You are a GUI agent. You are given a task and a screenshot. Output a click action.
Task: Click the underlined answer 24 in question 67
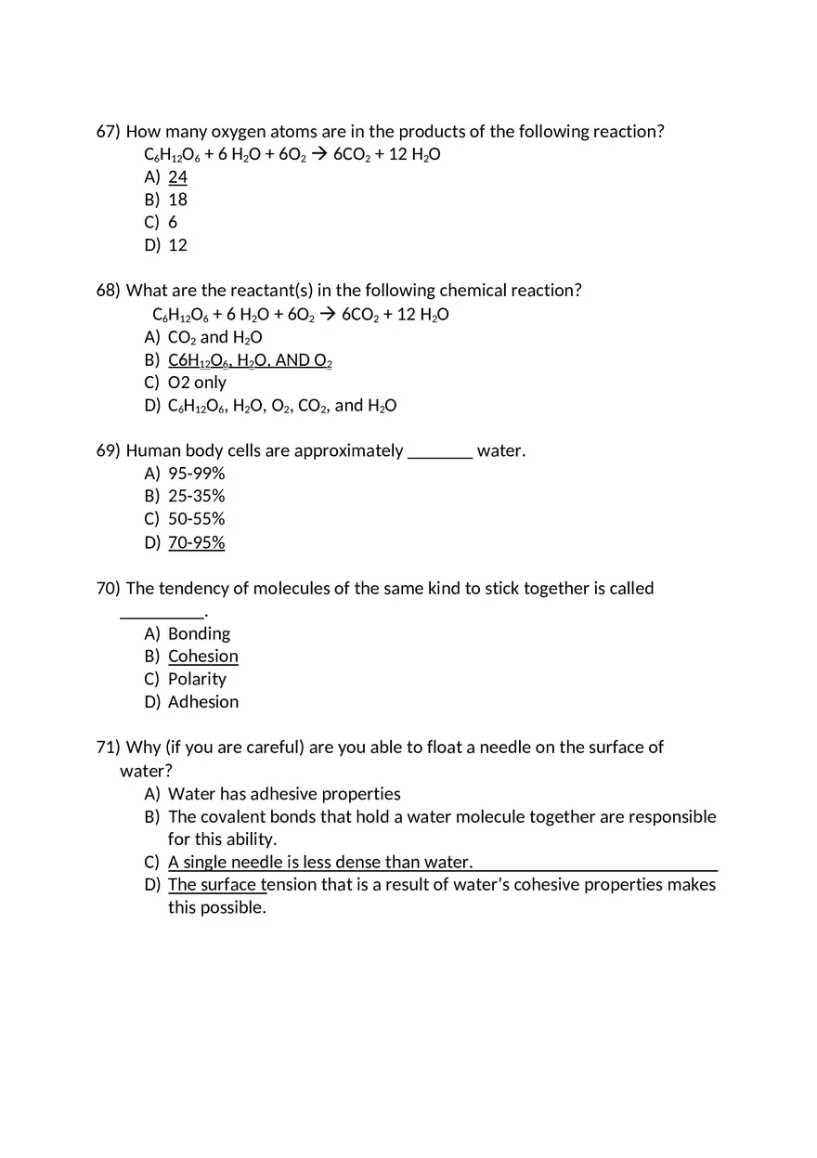coord(177,176)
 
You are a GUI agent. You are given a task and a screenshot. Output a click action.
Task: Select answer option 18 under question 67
coord(177,200)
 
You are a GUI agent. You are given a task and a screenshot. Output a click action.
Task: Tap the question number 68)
coord(109,291)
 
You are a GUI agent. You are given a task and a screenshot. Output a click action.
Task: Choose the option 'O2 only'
coord(197,383)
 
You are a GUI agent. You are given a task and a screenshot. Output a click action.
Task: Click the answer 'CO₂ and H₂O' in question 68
coord(214,337)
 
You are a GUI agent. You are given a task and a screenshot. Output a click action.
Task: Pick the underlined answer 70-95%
coord(196,542)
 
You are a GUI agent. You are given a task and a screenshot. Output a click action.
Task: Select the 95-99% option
coord(196,474)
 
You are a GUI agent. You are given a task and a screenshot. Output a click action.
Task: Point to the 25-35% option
coord(196,497)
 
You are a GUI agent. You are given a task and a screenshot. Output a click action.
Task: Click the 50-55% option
coord(196,519)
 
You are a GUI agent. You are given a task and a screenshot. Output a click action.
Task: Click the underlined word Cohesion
coord(202,657)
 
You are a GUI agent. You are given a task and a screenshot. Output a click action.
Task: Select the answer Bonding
coord(199,633)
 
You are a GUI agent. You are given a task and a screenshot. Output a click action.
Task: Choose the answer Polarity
coord(197,679)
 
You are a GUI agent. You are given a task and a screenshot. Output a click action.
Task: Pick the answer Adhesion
coord(202,702)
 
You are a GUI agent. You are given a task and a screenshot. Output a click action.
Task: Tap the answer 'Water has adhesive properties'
coord(284,794)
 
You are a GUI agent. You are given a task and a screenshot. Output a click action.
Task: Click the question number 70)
coord(109,589)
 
